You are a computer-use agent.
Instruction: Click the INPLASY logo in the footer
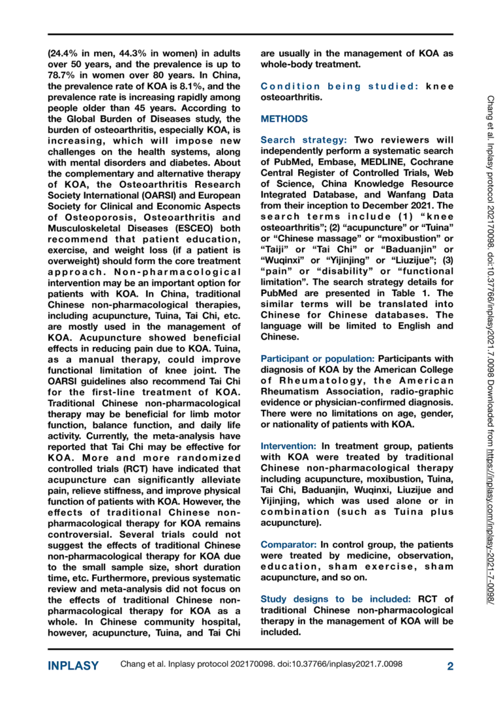tap(73, 666)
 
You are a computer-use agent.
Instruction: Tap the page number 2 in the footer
tap(450, 666)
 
